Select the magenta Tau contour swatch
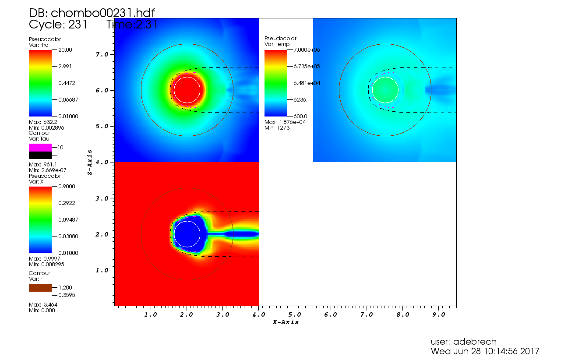40,147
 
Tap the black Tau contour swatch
40,155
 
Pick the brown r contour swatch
40,288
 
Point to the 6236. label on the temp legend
300,99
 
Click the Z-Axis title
89,162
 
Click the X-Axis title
286,322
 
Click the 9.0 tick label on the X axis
438,314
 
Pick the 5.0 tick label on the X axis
294,314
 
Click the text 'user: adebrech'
463,342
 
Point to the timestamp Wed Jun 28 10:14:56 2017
485,351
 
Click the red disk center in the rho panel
187,90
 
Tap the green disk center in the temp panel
385,90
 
